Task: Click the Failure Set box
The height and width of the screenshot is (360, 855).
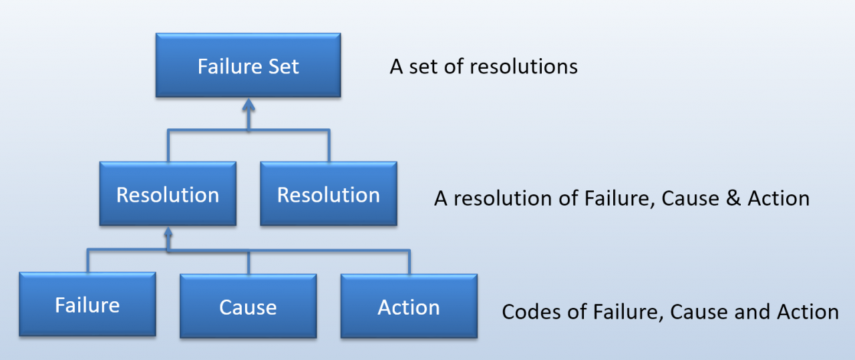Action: pyautogui.click(x=248, y=65)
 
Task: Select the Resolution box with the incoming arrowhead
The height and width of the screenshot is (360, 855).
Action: pyautogui.click(x=168, y=194)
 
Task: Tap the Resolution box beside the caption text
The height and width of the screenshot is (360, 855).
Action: pyautogui.click(x=329, y=194)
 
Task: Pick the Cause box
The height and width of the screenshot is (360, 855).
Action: pyautogui.click(x=248, y=306)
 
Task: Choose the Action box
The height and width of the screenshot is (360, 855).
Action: pyautogui.click(x=409, y=306)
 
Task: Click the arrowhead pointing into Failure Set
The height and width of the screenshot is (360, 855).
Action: pyautogui.click(x=248, y=105)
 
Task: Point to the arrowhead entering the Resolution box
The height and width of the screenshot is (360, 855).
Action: pyautogui.click(x=168, y=232)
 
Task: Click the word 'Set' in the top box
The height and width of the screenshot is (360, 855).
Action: pyautogui.click(x=283, y=66)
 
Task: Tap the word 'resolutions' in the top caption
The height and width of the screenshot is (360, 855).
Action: pyautogui.click(x=524, y=67)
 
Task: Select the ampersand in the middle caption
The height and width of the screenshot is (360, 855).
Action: pyautogui.click(x=733, y=198)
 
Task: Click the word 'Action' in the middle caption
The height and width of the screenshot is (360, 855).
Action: pyautogui.click(x=778, y=198)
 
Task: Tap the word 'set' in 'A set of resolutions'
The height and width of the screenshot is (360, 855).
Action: pyautogui.click(x=423, y=67)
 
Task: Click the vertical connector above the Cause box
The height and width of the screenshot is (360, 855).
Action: pyautogui.click(x=248, y=262)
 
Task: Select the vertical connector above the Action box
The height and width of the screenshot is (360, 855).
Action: pyautogui.click(x=409, y=262)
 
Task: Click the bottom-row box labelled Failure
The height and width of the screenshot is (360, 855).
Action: pyautogui.click(x=88, y=305)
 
